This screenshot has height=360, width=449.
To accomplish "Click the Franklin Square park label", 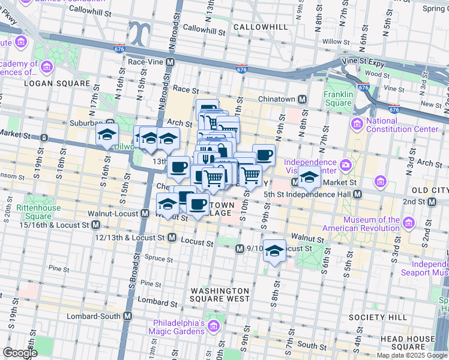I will (x=338, y=98).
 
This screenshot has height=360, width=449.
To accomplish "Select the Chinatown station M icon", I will (x=303, y=98).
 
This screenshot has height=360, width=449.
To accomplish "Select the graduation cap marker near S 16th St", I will (x=107, y=134).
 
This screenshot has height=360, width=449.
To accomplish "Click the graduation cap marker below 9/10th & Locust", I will (x=275, y=250).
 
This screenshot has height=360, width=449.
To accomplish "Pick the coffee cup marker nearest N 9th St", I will (x=264, y=155).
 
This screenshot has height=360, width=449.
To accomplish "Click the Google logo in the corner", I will (x=20, y=353).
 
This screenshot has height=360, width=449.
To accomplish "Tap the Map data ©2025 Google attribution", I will (x=412, y=355).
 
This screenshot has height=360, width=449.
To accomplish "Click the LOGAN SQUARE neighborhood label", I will (x=48, y=83).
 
